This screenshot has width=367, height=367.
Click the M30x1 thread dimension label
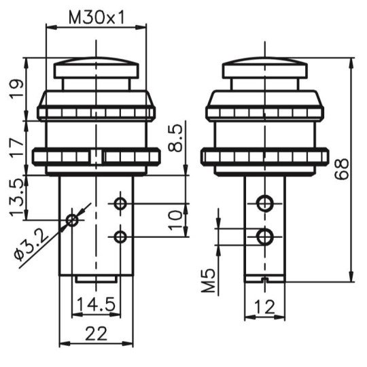coord(97,18)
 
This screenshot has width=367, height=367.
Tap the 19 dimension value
coord(17,90)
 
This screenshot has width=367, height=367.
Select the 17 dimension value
coord(17,148)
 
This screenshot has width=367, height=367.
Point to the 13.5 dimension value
coord(17,197)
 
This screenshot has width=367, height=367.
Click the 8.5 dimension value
coord(175,138)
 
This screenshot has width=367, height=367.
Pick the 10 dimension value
coord(175,221)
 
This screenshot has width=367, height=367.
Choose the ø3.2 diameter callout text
coord(31,245)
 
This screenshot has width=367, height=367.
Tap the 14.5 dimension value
coord(96,304)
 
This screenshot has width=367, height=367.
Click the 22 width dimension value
coord(96,334)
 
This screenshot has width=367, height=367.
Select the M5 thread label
coord(208,281)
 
